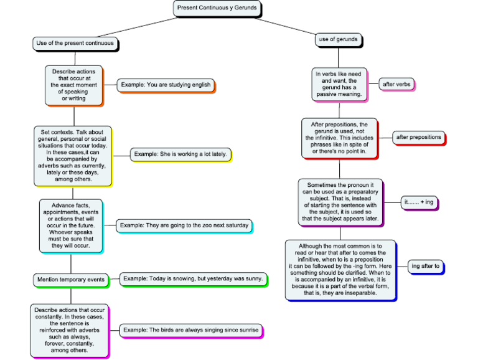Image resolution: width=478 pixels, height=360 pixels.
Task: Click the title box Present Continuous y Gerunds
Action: [x=216, y=8]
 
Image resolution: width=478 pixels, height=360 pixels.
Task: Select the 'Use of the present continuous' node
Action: [x=75, y=44]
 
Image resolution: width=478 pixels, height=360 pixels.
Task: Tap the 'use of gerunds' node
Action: [x=338, y=40]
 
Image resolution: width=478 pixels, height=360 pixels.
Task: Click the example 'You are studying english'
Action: [x=166, y=85]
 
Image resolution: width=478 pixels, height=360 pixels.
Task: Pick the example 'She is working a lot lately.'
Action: [x=180, y=154]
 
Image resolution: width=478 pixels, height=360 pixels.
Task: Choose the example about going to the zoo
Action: [x=184, y=225]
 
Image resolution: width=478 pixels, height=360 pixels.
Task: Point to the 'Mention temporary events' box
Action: [x=70, y=280]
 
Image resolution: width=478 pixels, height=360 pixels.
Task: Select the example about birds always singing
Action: [x=190, y=329]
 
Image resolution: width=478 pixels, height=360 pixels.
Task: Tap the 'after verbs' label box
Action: [x=396, y=84]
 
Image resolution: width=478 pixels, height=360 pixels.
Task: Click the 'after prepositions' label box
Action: [x=418, y=137]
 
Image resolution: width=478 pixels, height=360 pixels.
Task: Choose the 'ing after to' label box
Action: [x=426, y=267]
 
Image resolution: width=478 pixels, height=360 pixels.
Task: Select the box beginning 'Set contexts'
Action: [x=73, y=156]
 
